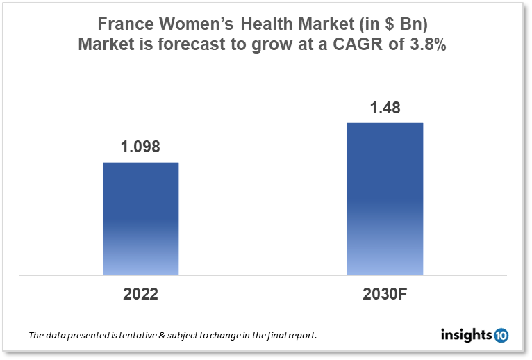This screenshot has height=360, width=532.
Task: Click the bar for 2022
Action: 141,218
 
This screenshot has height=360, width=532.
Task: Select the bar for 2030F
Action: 385,199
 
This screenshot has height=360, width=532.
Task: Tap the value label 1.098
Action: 141,148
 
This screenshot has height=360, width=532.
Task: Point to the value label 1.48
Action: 385,108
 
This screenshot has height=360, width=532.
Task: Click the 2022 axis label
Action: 141,294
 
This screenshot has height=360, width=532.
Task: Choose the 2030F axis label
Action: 385,294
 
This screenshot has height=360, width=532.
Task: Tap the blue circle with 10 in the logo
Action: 501,336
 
